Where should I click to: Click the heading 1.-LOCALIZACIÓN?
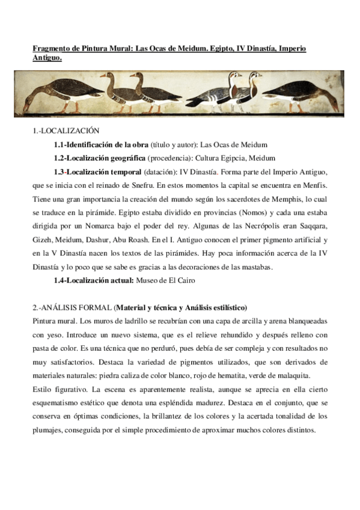[66, 131]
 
